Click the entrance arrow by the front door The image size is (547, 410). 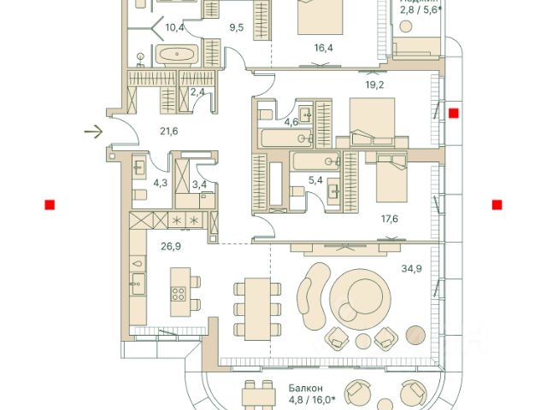(93, 132)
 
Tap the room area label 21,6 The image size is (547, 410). (169, 132)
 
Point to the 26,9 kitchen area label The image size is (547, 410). (170, 246)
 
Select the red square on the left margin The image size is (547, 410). (50, 204)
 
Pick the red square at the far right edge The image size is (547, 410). (497, 204)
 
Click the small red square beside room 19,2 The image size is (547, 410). (453, 113)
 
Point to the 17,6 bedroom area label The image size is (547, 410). (389, 218)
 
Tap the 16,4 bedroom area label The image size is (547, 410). (322, 48)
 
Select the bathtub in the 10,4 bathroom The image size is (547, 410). (177, 56)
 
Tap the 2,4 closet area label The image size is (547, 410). (197, 91)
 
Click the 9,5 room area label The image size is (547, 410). (237, 27)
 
